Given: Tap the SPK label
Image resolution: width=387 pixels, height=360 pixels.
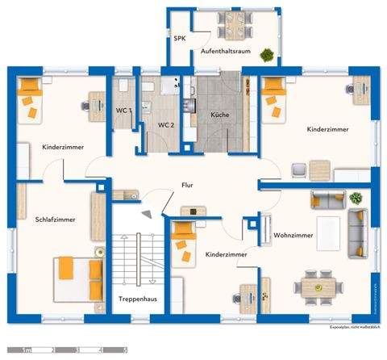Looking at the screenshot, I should [178, 38].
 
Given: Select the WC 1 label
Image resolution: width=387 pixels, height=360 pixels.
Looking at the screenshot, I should [123, 110].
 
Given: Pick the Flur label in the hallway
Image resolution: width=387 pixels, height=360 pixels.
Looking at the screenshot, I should [188, 186].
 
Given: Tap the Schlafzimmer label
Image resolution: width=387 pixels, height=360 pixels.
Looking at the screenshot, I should [55, 219].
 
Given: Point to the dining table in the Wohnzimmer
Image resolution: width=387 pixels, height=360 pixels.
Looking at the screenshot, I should [317, 287].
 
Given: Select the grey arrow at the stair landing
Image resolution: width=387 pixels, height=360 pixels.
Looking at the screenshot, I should [148, 212].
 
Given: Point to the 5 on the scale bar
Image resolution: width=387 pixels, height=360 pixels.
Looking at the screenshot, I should [125, 350].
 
